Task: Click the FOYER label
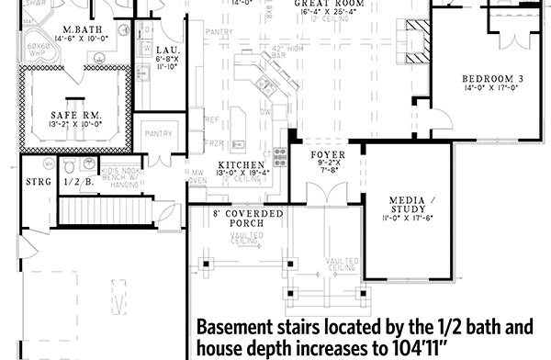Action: (327, 154)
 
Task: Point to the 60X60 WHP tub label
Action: (38, 50)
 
